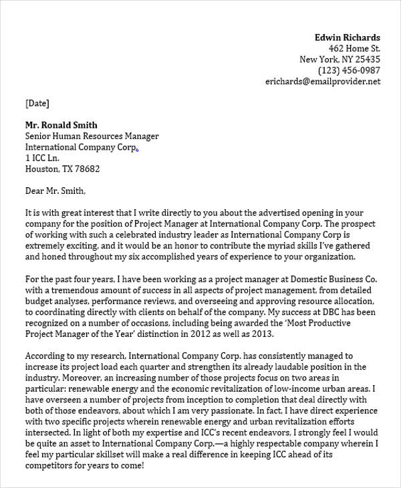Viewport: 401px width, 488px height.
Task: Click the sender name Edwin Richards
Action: point(347,37)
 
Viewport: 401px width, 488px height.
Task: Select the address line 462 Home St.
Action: point(354,49)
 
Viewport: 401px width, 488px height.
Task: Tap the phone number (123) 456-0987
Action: point(349,70)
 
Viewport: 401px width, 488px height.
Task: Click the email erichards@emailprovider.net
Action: point(323,82)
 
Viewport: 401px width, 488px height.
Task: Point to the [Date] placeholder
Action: point(37,103)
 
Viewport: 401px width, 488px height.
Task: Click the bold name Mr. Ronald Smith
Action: point(61,125)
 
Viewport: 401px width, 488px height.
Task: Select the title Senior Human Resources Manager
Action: point(92,136)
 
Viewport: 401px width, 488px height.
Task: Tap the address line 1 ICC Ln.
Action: point(42,158)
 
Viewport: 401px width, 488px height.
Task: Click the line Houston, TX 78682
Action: point(62,169)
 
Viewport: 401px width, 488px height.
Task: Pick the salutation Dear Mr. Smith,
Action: point(55,191)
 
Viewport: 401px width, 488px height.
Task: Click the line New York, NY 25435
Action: point(340,59)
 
